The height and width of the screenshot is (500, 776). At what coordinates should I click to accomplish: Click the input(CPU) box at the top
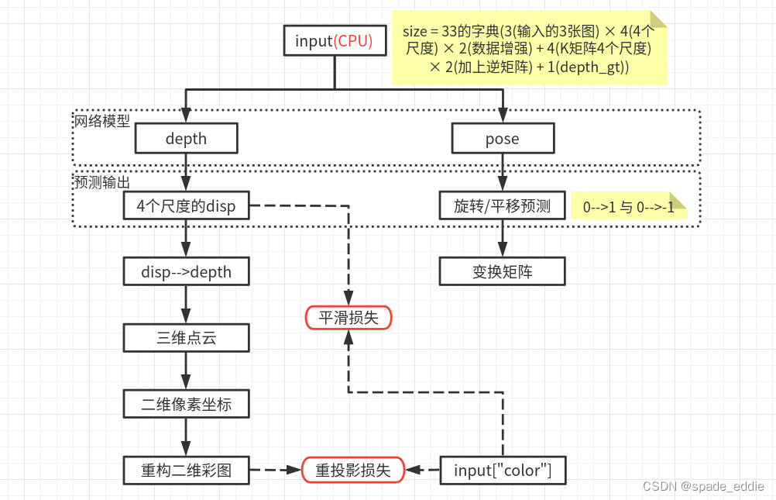click(334, 41)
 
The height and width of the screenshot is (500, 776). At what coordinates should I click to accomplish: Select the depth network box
click(186, 139)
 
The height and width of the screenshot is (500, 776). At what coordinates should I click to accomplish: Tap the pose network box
click(503, 139)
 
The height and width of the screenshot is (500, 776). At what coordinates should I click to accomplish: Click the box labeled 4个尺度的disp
click(186, 205)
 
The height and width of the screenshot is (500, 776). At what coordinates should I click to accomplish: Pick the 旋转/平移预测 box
click(503, 205)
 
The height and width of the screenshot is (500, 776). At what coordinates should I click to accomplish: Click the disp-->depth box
click(186, 272)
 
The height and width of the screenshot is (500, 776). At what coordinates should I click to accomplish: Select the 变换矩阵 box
click(503, 272)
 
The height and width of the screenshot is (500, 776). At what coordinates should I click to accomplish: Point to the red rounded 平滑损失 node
click(349, 317)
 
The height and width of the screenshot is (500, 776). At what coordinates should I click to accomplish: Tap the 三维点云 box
click(186, 338)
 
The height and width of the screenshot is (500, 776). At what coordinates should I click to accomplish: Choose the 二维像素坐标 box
click(186, 404)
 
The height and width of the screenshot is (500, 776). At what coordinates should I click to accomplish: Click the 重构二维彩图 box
click(186, 470)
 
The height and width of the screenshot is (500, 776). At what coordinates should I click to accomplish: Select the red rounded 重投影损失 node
click(353, 470)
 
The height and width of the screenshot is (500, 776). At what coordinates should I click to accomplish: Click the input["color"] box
click(503, 470)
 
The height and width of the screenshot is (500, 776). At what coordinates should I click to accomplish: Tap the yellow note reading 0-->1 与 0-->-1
click(628, 207)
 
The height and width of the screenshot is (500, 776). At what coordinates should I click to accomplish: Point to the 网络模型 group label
click(102, 122)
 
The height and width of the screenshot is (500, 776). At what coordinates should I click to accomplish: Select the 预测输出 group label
click(102, 183)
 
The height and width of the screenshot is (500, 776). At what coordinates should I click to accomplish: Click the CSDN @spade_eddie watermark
click(703, 486)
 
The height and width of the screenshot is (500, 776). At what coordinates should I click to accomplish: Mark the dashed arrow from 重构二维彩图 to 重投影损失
click(276, 470)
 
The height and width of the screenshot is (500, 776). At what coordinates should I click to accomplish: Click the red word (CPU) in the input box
click(353, 41)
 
